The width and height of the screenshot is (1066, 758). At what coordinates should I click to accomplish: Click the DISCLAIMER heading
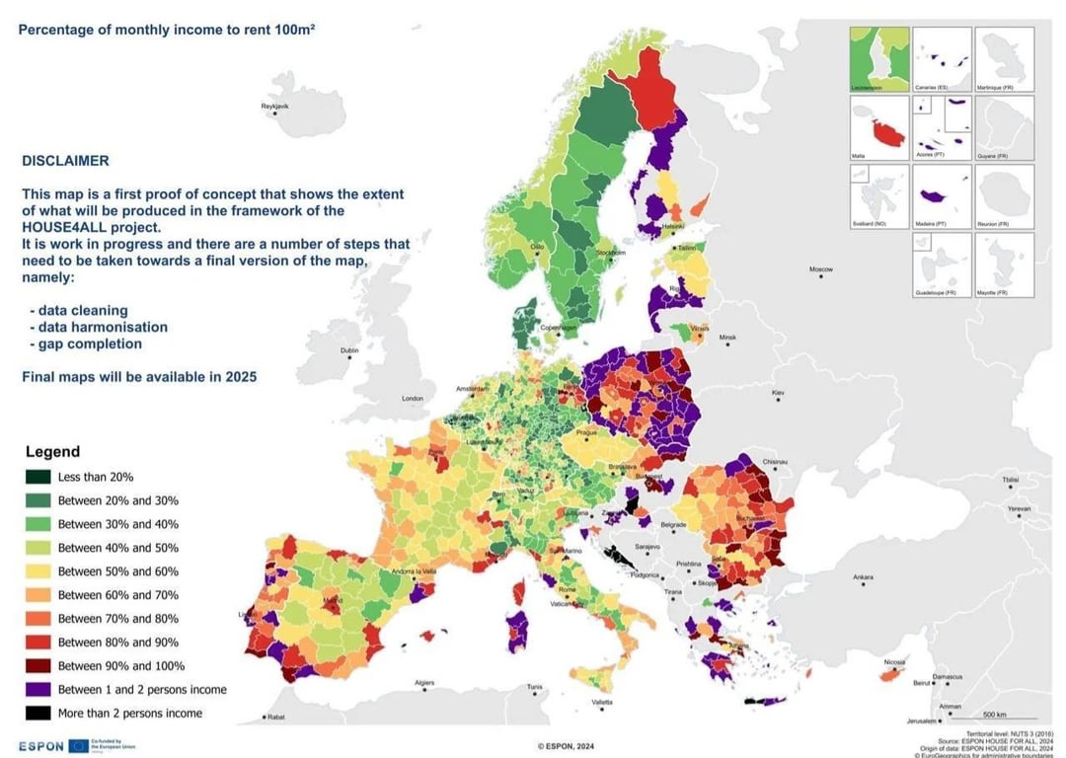coord(65,161)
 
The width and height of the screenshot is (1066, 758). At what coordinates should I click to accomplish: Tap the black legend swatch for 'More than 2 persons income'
coord(37,714)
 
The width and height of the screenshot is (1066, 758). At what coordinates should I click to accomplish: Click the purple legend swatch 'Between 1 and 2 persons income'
coord(37,690)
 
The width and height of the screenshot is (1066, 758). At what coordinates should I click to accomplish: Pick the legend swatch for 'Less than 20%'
coord(37,477)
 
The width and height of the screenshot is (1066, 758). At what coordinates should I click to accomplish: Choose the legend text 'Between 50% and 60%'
coord(118,571)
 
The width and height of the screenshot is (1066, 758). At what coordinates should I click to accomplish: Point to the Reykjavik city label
coord(274,106)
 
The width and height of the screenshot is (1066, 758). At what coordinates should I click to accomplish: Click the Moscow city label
coord(820,269)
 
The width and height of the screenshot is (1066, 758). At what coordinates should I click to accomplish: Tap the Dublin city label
coord(348,350)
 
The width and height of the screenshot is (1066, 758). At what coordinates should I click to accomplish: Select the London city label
coord(412,399)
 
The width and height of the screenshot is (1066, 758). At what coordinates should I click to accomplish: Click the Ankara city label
coord(863,577)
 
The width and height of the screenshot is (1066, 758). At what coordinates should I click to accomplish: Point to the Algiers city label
coord(423,683)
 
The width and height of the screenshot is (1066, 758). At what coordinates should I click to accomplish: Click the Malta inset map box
coord(878,128)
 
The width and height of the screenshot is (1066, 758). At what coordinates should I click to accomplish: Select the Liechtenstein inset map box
coord(878,59)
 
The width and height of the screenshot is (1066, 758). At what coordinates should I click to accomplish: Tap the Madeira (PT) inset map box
coord(941,196)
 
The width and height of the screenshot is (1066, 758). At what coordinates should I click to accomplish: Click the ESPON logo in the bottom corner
coord(41,746)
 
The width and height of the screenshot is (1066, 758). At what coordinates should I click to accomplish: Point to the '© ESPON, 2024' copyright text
coord(564,747)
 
